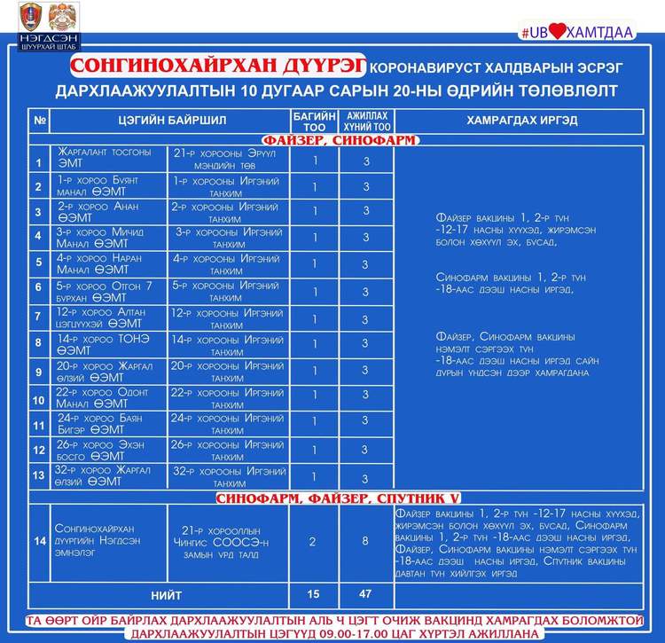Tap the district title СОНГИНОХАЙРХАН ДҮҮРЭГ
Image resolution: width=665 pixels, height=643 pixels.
pyautogui.click(x=218, y=67)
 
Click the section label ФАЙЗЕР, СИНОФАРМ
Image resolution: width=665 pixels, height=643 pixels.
pyautogui.click(x=340, y=139)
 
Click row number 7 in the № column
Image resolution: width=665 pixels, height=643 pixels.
pyautogui.click(x=38, y=317)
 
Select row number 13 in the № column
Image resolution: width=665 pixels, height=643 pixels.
pyautogui.click(x=38, y=475)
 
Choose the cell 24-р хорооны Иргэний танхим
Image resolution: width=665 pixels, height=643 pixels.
pyautogui.click(x=228, y=423)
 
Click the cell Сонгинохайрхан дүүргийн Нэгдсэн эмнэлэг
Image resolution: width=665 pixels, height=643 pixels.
pyautogui.click(x=98, y=542)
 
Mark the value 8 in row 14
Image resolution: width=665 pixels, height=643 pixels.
pyautogui.click(x=366, y=542)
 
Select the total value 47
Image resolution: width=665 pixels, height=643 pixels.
pyautogui.click(x=366, y=593)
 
